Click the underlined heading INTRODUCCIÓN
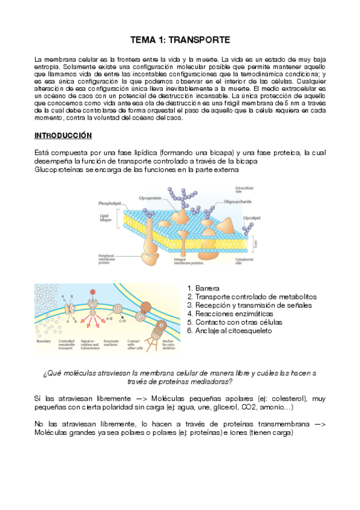pyautogui.click(x=63, y=135)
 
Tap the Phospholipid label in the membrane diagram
pyautogui.click(x=111, y=203)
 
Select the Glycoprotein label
pyautogui.click(x=150, y=197)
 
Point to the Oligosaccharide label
pyautogui.click(x=237, y=202)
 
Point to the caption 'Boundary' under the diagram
pyautogui.click(x=44, y=341)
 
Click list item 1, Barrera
pyautogui.click(x=207, y=289)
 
